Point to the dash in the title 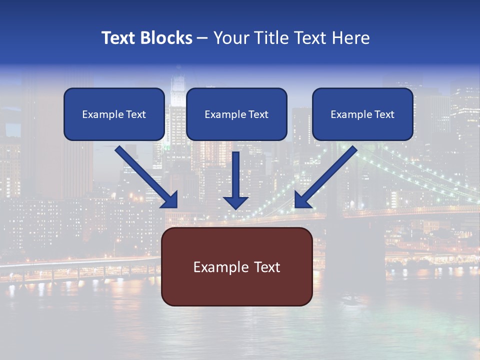(202, 38)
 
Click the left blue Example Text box (114, 114)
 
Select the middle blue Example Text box (236, 114)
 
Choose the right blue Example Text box (362, 114)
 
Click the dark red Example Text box (236, 266)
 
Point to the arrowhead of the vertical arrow (236, 202)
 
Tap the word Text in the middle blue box (258, 114)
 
